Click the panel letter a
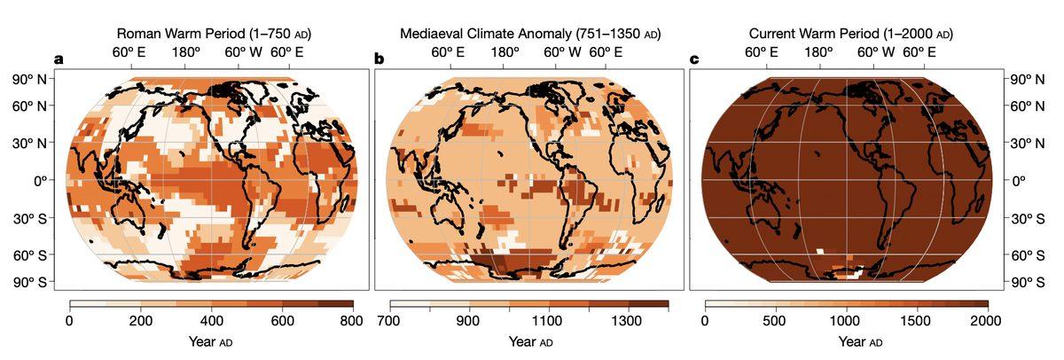[59, 60]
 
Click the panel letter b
[379, 60]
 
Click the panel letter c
[694, 60]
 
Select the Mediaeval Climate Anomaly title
[530, 35]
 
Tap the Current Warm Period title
[850, 35]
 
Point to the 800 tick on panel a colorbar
[353, 319]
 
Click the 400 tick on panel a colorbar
[211, 319]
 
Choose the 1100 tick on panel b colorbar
[549, 319]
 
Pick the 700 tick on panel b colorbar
[390, 319]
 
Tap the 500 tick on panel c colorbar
[775, 319]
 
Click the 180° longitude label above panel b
[505, 52]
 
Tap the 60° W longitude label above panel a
[242, 52]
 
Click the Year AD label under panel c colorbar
[845, 341]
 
